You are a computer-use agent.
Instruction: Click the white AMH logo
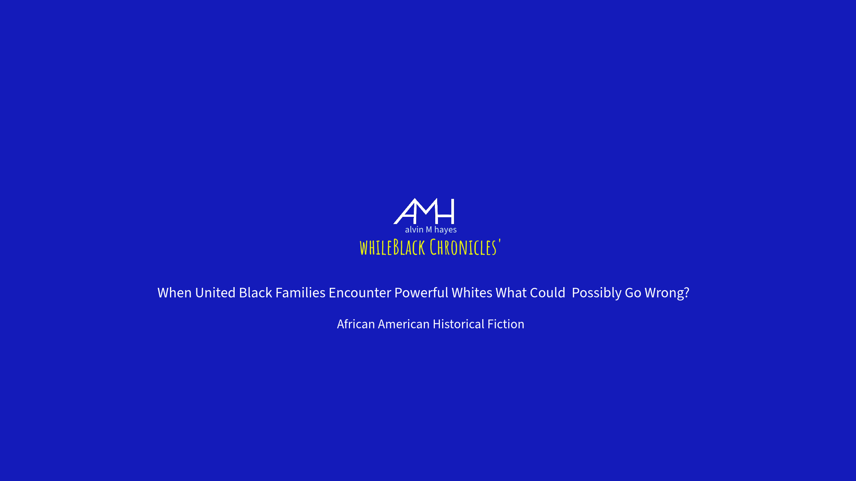click(x=424, y=211)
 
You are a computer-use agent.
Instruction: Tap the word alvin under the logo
click(x=414, y=229)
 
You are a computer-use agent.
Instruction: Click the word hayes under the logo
click(x=446, y=230)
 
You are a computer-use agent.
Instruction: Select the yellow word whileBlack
click(x=392, y=247)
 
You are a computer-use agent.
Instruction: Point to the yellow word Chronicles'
click(x=465, y=247)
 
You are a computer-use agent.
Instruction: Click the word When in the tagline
click(x=175, y=293)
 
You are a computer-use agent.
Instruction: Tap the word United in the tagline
click(x=215, y=293)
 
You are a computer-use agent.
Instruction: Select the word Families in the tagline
click(x=300, y=293)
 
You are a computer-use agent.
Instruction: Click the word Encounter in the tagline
click(x=360, y=293)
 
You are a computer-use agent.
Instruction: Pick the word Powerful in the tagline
click(x=421, y=293)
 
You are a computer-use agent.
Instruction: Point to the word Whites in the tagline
click(x=472, y=293)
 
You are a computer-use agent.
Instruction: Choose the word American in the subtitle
click(x=404, y=324)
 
